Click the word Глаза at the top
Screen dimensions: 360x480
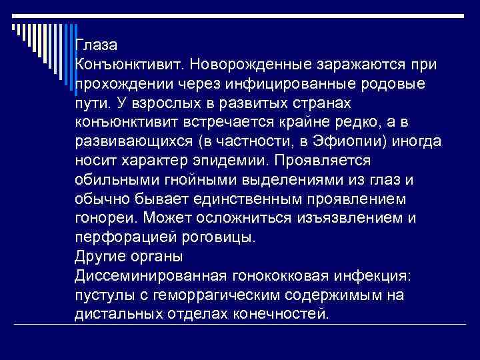pyautogui.click(x=96, y=46)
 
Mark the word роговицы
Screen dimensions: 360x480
pyautogui.click(x=219, y=237)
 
